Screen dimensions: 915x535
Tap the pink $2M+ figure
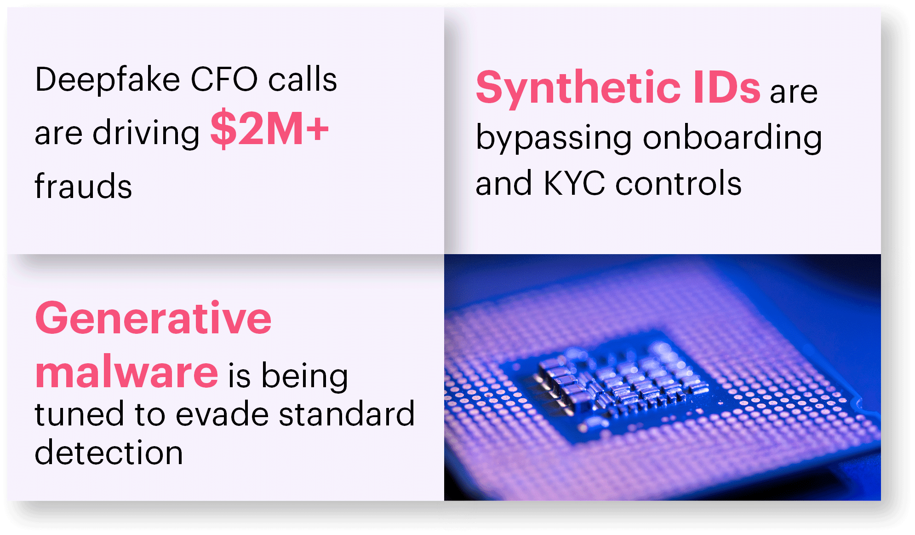(x=269, y=129)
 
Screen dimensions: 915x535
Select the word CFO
(x=224, y=79)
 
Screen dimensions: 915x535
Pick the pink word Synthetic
(x=578, y=88)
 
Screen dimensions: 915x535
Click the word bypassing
(x=554, y=138)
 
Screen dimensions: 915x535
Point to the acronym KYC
(x=574, y=183)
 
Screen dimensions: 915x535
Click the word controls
(x=679, y=183)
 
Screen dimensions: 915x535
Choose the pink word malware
(x=127, y=372)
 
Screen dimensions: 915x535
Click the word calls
(x=303, y=79)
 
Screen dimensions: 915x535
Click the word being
(x=304, y=377)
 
